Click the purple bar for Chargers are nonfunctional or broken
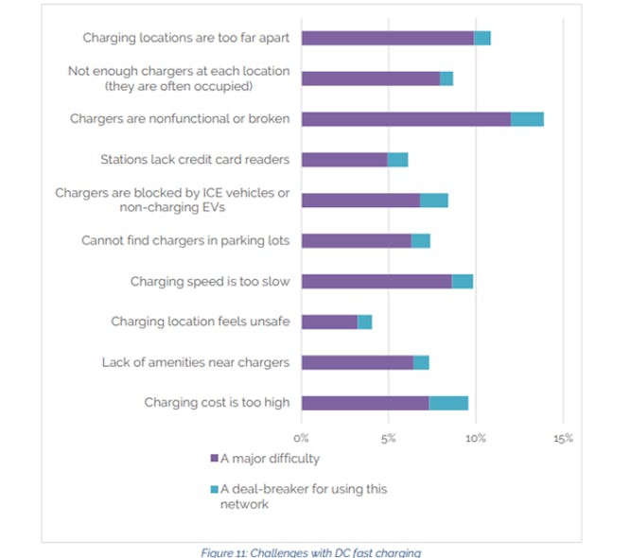(x=406, y=119)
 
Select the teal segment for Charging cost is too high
(x=448, y=403)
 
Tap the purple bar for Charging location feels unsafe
(x=329, y=322)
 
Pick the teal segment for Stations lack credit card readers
(x=397, y=160)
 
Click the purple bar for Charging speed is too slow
(x=377, y=281)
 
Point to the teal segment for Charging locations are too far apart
(x=482, y=38)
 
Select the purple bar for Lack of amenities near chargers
(x=358, y=362)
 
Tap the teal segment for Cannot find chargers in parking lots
(x=421, y=241)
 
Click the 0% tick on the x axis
(x=302, y=438)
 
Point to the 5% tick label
(x=389, y=438)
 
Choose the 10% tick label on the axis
(x=476, y=438)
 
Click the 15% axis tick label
(x=563, y=438)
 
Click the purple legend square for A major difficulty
(x=213, y=459)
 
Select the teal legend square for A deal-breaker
(x=213, y=489)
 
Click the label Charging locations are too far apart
(x=186, y=38)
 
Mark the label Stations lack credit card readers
(x=195, y=160)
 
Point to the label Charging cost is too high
(x=217, y=403)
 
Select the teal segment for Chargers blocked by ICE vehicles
(x=434, y=201)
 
